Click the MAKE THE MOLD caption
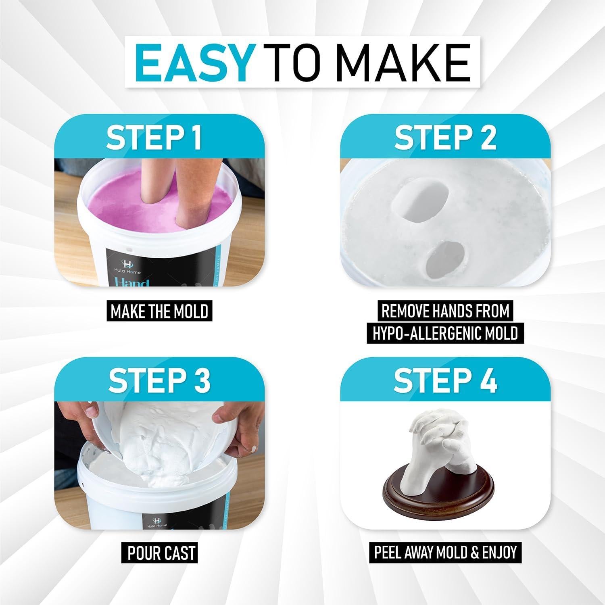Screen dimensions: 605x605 tap(159, 311)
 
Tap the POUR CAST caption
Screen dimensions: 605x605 tap(161, 553)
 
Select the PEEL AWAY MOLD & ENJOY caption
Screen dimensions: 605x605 tap(445, 552)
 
